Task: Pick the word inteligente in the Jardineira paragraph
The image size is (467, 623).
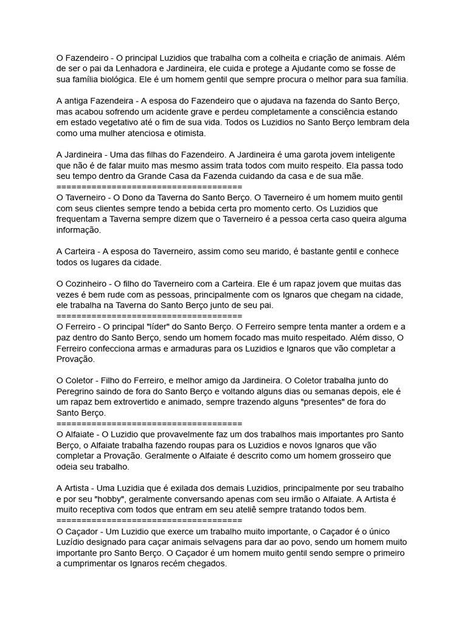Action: point(371,155)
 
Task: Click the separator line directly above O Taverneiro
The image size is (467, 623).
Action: point(149,187)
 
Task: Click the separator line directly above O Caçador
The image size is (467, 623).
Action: point(149,520)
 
